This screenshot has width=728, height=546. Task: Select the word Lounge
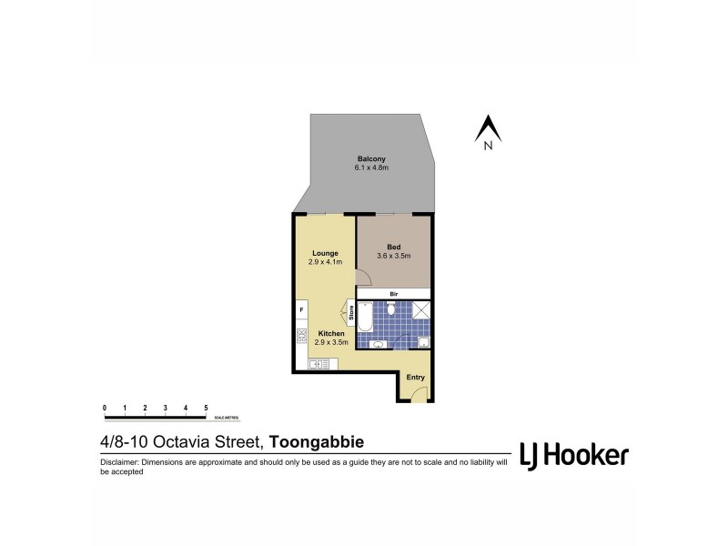[325, 253]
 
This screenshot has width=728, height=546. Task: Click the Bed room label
[393, 247]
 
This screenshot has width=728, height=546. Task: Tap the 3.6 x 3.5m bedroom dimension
[393, 256]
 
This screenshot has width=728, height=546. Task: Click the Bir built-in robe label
[393, 294]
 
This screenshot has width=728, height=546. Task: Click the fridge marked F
[300, 311]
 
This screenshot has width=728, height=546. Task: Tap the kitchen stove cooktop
[300, 336]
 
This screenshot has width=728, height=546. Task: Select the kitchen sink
[318, 365]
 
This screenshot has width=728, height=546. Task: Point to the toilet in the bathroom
[390, 309]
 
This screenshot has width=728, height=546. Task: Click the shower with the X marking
[421, 309]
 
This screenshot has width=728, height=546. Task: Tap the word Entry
[415, 378]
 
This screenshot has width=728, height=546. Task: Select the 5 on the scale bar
[206, 408]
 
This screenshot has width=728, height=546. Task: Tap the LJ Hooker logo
[573, 455]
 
